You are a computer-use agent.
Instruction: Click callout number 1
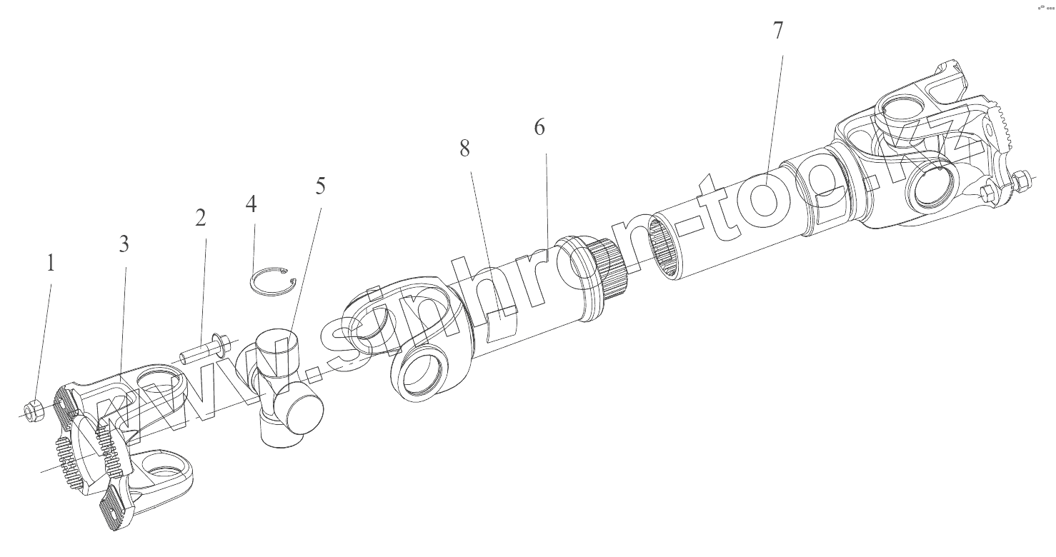[x=50, y=264]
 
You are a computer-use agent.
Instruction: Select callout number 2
[x=201, y=218]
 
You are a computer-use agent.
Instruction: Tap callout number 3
[x=124, y=244]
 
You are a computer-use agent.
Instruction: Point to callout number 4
[x=251, y=204]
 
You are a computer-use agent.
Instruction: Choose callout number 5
[x=319, y=186]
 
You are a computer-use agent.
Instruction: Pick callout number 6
[x=539, y=128]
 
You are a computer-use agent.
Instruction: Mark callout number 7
[x=777, y=31]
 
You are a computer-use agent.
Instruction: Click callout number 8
[x=465, y=149]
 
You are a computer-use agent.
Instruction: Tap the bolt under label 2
[x=197, y=353]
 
